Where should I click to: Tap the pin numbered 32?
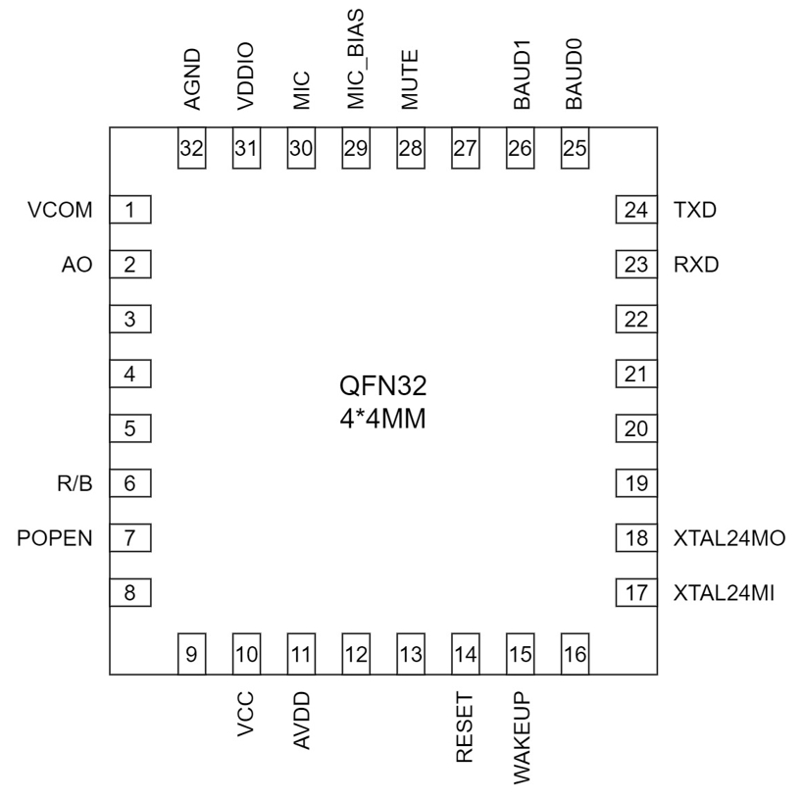[x=191, y=150]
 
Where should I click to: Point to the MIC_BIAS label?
[x=356, y=62]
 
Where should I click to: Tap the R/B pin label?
[x=75, y=482]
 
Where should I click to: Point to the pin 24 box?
[x=636, y=210]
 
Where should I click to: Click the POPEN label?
[x=55, y=537]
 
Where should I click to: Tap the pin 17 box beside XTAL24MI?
[x=636, y=592]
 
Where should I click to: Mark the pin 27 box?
[x=466, y=150]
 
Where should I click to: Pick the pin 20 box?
[x=636, y=428]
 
